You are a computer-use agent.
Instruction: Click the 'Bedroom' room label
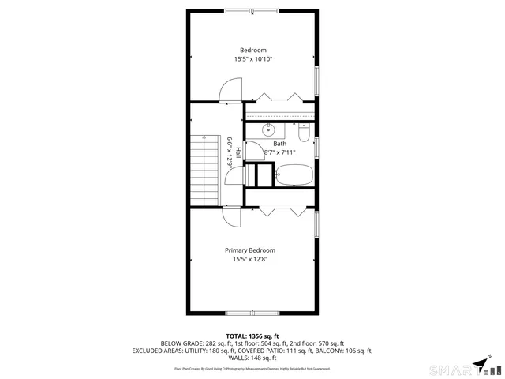pos(252,51)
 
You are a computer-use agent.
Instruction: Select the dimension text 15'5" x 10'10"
pos(252,60)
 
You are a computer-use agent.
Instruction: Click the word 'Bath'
pos(279,144)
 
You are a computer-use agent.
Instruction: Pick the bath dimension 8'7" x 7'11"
pos(279,152)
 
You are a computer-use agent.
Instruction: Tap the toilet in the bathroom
pos(305,131)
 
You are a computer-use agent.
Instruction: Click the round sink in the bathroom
pos(267,130)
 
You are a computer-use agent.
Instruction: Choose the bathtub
pos(294,175)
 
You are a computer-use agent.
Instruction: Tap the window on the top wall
pos(252,11)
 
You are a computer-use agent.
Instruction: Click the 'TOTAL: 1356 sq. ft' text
pos(252,336)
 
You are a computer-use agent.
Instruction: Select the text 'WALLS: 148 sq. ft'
pos(252,358)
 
